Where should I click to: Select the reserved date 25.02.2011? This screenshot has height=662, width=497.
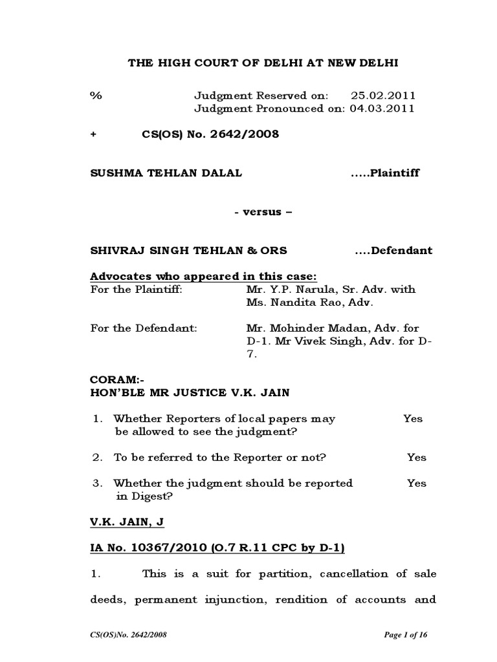click(x=382, y=96)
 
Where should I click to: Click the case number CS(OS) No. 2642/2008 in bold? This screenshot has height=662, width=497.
click(x=210, y=134)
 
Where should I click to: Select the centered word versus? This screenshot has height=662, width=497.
click(x=258, y=212)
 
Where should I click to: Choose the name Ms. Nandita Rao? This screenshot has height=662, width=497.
click(x=284, y=302)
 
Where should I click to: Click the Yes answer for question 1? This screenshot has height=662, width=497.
click(x=413, y=419)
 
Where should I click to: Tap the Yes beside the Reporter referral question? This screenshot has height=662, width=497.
click(x=417, y=458)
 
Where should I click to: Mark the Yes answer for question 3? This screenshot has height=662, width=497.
click(x=417, y=484)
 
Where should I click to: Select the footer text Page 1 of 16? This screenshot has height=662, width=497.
click(x=406, y=635)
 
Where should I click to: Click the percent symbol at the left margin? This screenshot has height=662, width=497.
click(x=96, y=96)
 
